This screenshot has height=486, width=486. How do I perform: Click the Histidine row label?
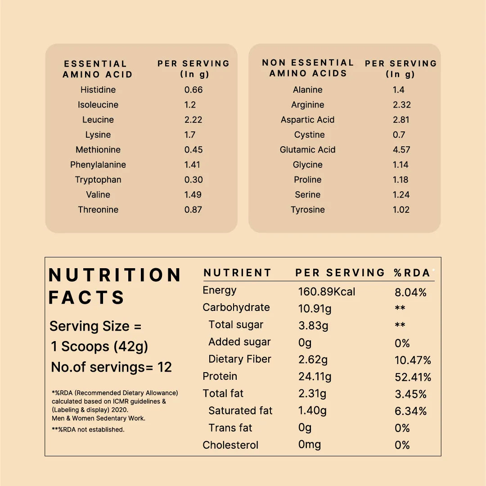(98, 90)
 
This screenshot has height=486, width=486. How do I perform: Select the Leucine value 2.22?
(193, 120)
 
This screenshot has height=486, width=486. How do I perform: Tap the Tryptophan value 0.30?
(193, 180)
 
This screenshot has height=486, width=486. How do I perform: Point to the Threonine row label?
(98, 210)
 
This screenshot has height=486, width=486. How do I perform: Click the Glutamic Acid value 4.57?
(401, 150)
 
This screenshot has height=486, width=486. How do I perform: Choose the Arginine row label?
(308, 105)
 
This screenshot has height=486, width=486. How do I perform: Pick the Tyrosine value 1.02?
(401, 210)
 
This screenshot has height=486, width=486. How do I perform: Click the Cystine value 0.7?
(399, 135)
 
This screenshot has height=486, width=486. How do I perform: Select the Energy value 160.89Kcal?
(327, 292)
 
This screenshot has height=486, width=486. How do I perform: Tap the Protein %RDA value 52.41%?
(413, 377)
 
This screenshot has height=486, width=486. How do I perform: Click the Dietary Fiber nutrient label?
(240, 359)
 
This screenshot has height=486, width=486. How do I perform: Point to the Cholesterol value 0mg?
(310, 445)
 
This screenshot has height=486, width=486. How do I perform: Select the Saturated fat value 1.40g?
(312, 410)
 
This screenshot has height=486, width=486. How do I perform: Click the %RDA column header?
(412, 273)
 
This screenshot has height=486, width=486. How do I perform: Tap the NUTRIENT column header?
(238, 273)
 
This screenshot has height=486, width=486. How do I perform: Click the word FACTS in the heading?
(87, 298)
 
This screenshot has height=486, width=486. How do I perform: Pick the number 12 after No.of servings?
(165, 367)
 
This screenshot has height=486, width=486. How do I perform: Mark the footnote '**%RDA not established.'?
(88, 430)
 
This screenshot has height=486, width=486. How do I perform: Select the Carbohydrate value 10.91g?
(315, 309)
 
